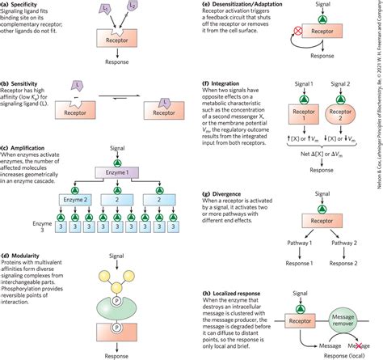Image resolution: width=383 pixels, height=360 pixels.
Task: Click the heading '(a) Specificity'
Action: [26, 4]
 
